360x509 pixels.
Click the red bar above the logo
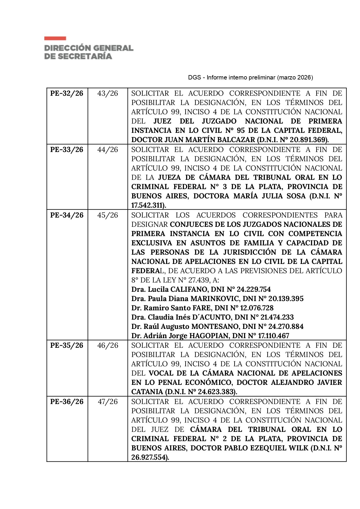tap(55, 38)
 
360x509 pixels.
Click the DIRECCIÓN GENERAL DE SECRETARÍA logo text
tap(89, 52)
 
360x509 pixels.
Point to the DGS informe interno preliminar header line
tap(250, 77)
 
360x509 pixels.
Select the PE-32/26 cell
tap(67, 93)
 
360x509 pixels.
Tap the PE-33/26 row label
tap(67, 150)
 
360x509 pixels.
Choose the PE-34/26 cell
tap(67, 215)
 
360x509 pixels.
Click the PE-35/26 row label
tap(67, 345)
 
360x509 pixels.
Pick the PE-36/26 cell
tap(67, 402)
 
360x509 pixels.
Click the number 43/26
tap(108, 93)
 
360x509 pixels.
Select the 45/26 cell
tap(108, 215)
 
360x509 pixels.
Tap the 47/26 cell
tap(108, 402)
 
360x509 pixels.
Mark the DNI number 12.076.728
tap(257, 308)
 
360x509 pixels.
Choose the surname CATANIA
tap(147, 392)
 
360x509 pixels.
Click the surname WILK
tap(299, 448)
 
